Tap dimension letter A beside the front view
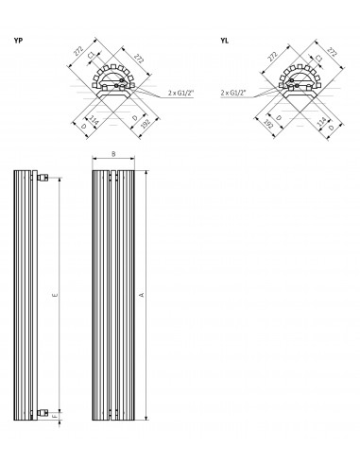(143, 296)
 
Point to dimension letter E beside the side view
(56, 297)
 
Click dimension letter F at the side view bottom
(56, 412)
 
